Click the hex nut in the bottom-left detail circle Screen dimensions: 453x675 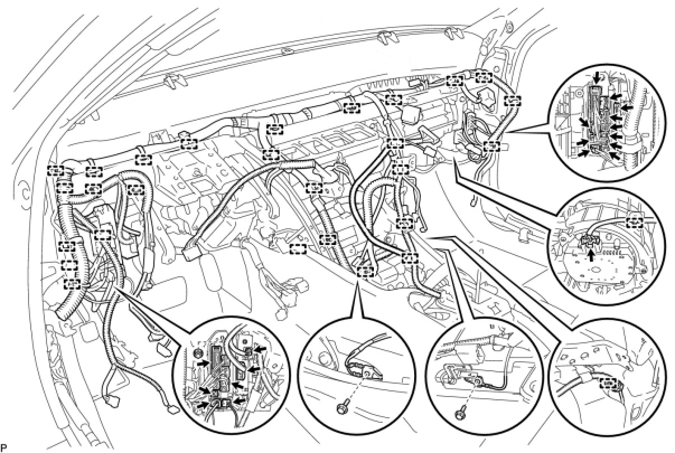(196, 353)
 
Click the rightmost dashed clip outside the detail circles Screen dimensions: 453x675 (512, 101)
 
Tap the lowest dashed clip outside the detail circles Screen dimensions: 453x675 (71, 283)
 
